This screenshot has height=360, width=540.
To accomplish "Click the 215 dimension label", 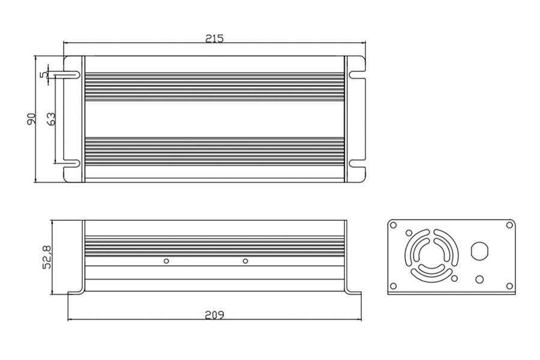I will [214, 38].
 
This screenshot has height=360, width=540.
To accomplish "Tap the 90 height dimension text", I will [32, 119].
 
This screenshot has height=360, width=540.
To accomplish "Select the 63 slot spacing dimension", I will [51, 119].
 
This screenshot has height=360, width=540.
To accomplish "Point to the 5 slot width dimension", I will [43, 74].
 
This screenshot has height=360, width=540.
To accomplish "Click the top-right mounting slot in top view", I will [356, 75].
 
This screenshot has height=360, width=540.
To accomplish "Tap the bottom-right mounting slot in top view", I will [356, 163].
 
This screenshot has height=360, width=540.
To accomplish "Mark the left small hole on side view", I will [166, 261].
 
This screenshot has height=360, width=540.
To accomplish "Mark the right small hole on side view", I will [245, 261].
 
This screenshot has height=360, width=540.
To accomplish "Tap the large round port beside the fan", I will [479, 250].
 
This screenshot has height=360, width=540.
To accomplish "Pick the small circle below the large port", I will [479, 279].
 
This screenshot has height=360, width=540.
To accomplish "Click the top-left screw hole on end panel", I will [394, 225].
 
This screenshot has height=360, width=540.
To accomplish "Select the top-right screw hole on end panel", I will [509, 225].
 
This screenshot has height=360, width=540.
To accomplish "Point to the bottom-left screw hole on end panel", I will [394, 285].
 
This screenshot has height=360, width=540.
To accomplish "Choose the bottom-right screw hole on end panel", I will [509, 285].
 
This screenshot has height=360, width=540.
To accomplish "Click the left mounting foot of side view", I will [74, 293].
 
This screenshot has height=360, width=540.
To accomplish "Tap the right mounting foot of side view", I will [354, 293].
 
